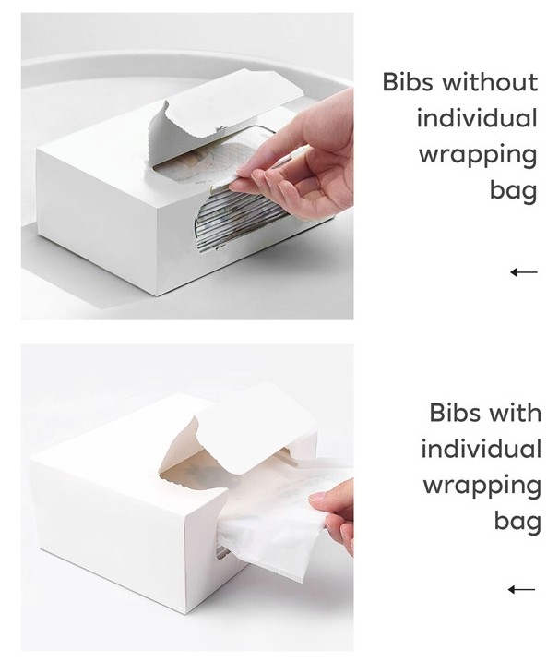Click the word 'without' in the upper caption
pos(490,82)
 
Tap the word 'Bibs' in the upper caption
pos(408,82)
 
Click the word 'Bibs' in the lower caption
pos(455,413)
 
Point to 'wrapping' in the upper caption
pos(478,156)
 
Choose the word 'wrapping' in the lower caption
pos(482,487)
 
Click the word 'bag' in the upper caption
pos(514,191)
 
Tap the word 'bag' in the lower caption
pos(517,522)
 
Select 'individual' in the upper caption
pos(477,118)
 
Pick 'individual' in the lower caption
pos(482,449)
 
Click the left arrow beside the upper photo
pos(524,271)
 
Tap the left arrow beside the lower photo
pos(521,589)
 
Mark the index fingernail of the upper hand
pos(244,171)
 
